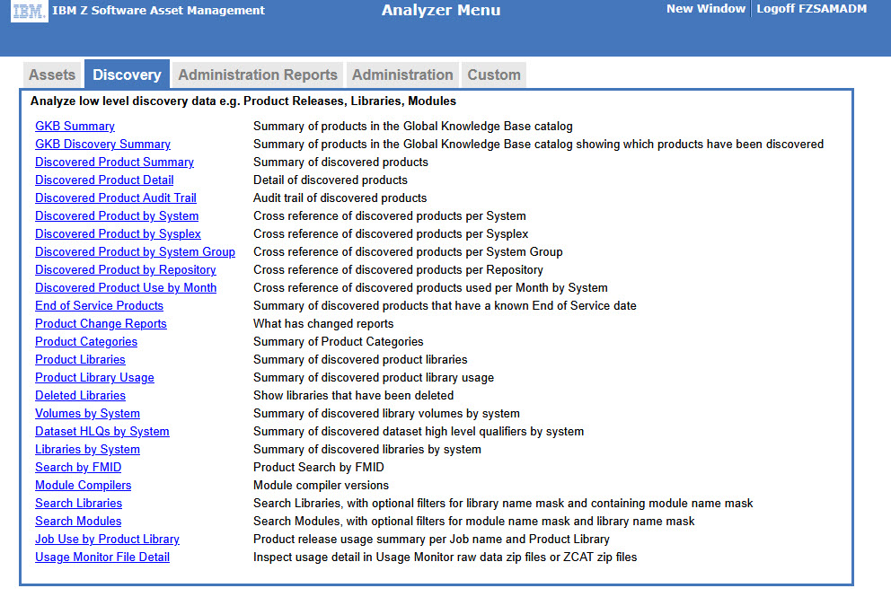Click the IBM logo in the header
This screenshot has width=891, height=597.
click(30, 12)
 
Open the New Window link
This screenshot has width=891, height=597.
click(705, 9)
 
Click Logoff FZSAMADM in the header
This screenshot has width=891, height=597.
click(811, 9)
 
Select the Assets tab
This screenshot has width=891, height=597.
click(52, 75)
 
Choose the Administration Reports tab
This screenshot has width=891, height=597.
click(258, 75)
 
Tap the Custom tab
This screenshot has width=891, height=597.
click(493, 75)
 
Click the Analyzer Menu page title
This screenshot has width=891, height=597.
click(441, 11)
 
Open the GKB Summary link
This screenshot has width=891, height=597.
click(75, 127)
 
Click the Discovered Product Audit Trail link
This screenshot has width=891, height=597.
click(115, 198)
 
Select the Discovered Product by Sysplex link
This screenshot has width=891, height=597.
click(118, 234)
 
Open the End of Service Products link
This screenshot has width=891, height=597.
click(99, 306)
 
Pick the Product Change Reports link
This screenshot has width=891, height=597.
click(101, 324)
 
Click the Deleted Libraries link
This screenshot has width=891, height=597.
click(80, 396)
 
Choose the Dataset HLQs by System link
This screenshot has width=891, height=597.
click(101, 432)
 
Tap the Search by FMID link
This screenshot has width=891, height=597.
click(78, 468)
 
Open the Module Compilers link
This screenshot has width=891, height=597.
click(83, 486)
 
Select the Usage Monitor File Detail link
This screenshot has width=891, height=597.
click(102, 557)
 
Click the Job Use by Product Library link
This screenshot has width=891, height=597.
click(107, 540)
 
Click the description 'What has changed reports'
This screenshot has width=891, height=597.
click(323, 324)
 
